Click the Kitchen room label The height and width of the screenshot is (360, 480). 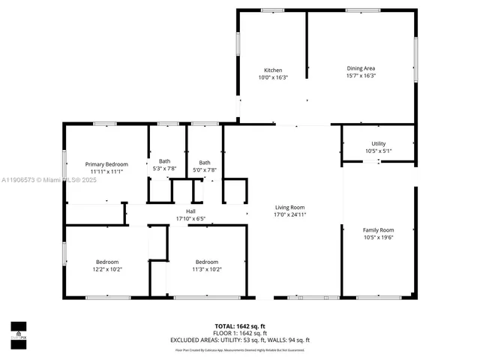pos(272,70)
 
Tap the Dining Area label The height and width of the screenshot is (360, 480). pos(361,68)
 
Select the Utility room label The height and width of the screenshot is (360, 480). pos(378,143)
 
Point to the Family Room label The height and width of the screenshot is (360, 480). pos(378,230)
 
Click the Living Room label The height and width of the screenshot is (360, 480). pos(289,207)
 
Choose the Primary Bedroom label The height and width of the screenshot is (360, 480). pos(106,164)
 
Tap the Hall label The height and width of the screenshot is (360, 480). pos(190,211)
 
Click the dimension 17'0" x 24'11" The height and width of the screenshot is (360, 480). pos(289,214)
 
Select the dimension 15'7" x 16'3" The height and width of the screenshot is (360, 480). pos(361,76)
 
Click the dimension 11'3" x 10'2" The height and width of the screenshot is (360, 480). pos(206,269)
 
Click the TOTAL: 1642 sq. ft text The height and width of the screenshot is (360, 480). pos(239,326)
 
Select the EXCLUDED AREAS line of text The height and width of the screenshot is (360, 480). pos(239,340)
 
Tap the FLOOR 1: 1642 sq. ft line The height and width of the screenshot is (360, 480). pos(239,333)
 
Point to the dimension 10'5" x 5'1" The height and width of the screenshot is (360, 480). pos(378,151)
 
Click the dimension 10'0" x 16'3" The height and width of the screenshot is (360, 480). pos(272,77)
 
